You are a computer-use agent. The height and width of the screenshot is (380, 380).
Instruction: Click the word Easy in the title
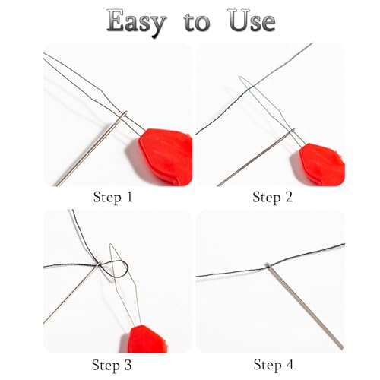137,22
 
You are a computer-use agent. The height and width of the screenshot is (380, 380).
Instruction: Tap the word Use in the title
252,21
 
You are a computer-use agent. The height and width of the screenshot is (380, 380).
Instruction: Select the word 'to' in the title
197,22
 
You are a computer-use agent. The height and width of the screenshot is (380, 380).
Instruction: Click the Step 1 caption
113,197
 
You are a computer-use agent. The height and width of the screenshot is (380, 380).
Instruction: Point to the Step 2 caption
273,197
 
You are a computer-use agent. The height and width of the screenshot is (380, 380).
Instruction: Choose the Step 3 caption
112,365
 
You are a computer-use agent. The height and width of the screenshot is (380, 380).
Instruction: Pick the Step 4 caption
274,365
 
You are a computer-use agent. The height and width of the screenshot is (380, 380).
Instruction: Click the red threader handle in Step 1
166,157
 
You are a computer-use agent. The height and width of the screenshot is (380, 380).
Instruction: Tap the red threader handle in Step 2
321,164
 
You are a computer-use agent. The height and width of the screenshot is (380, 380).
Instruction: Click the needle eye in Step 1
124,116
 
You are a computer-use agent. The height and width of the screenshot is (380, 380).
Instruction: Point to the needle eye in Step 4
268,265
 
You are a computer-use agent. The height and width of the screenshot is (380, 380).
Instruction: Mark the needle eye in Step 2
292,131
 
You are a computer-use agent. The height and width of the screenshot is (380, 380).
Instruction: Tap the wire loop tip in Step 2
240,77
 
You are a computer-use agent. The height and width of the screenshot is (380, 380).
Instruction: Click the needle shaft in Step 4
306,307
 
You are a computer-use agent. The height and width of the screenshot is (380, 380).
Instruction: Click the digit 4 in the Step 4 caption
290,364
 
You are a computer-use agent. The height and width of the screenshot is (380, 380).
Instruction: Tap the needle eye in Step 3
100,264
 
